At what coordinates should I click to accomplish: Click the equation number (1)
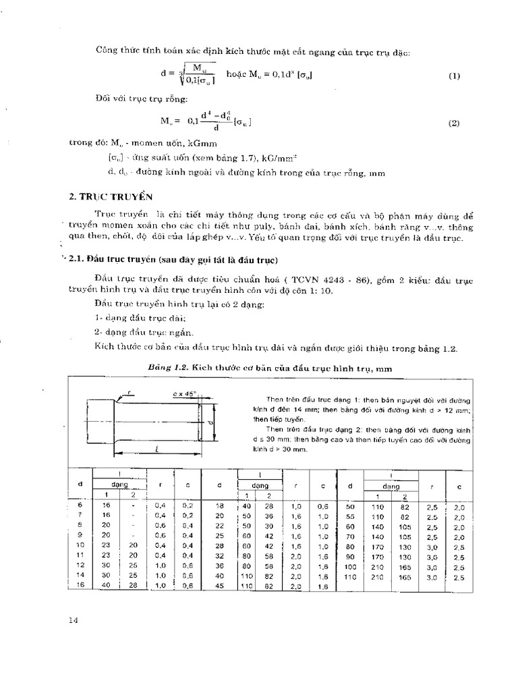[453, 76]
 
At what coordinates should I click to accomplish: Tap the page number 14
[73, 621]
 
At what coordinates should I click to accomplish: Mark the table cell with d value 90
[350, 556]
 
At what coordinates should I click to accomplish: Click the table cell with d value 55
[350, 515]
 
